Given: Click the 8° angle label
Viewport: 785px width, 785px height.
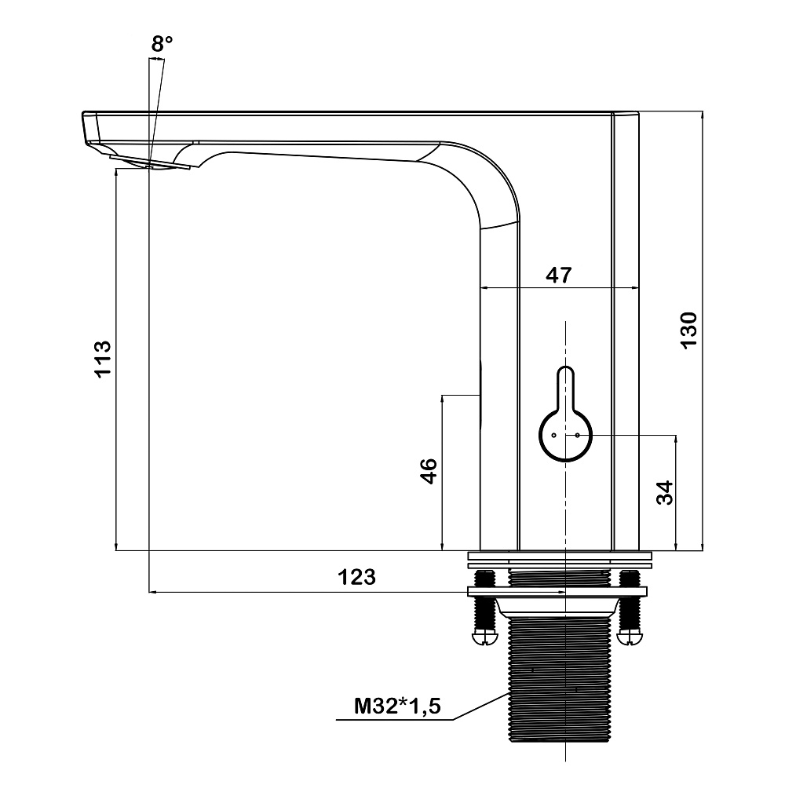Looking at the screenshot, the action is point(162,44).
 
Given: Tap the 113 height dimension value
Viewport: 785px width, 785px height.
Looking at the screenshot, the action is point(102,359).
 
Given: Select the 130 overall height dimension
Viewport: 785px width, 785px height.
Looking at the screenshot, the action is point(689,330).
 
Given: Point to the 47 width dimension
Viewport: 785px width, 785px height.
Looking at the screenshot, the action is point(558,275).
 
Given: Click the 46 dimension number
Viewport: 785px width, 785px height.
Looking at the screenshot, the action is point(429,470).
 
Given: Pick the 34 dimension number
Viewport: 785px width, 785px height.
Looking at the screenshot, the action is point(664,493).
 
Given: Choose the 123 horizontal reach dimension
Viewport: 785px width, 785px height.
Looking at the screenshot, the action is point(356,577).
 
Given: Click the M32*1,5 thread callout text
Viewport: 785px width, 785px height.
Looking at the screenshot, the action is point(397,706).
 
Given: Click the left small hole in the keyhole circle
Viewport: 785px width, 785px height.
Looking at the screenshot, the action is point(553,435).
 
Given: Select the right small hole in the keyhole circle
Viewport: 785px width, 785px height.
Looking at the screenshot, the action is point(577,435).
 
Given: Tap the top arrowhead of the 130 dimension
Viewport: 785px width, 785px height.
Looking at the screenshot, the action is point(702,116).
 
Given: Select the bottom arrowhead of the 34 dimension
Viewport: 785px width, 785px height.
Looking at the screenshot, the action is point(677,546).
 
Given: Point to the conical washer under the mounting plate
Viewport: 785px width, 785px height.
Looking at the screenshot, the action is point(557,607).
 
